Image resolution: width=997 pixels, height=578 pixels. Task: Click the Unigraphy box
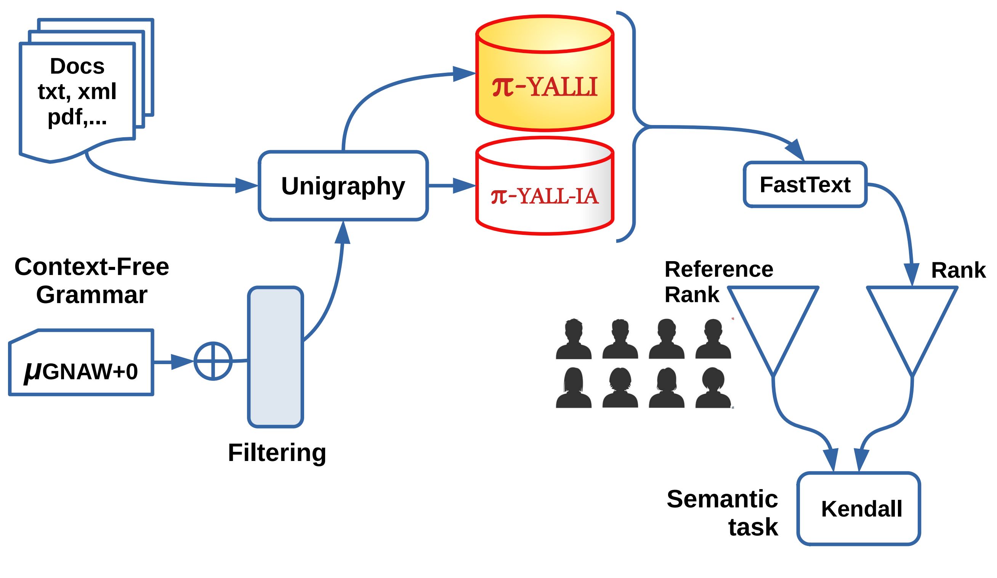[x=343, y=186]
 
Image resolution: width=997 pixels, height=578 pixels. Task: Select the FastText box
[x=805, y=185]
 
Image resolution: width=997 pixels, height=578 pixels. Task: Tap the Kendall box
[x=862, y=509]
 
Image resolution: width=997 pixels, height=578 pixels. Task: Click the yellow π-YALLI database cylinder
[x=545, y=79]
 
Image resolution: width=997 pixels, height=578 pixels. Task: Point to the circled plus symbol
[x=213, y=361]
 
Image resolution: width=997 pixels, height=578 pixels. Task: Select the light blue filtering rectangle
[x=276, y=356]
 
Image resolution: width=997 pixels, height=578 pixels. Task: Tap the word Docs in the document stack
[x=77, y=66]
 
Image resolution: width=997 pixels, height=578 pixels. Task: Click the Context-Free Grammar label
[x=92, y=280]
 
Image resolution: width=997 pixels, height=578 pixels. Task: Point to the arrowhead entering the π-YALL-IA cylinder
[x=464, y=186]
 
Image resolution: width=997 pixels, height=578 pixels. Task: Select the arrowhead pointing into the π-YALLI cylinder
[x=464, y=74]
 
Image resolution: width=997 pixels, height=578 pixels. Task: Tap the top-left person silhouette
[x=573, y=339]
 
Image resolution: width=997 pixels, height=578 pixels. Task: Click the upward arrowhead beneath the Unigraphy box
[x=343, y=234]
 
